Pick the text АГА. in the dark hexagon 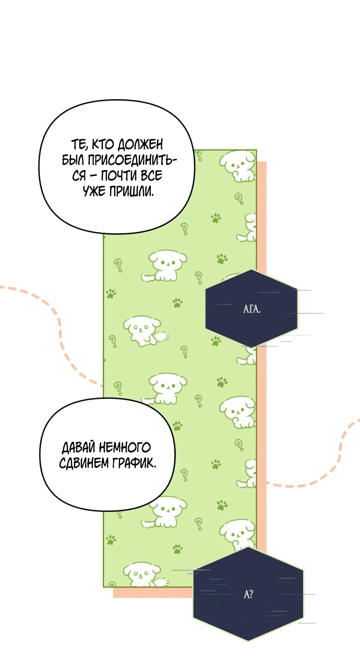tap(252, 308)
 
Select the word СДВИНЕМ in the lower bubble tap(84, 463)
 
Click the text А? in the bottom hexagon tap(248, 594)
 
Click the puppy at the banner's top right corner tap(237, 165)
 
